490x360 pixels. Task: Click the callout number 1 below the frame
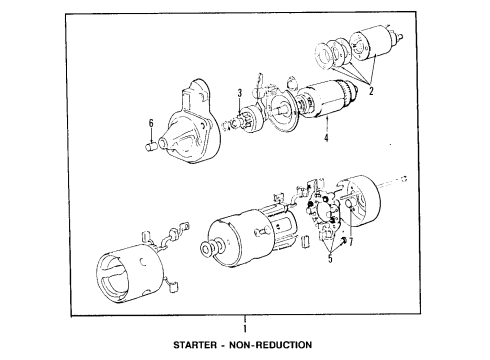pos(242,327)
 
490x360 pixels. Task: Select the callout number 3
pos(241,94)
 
